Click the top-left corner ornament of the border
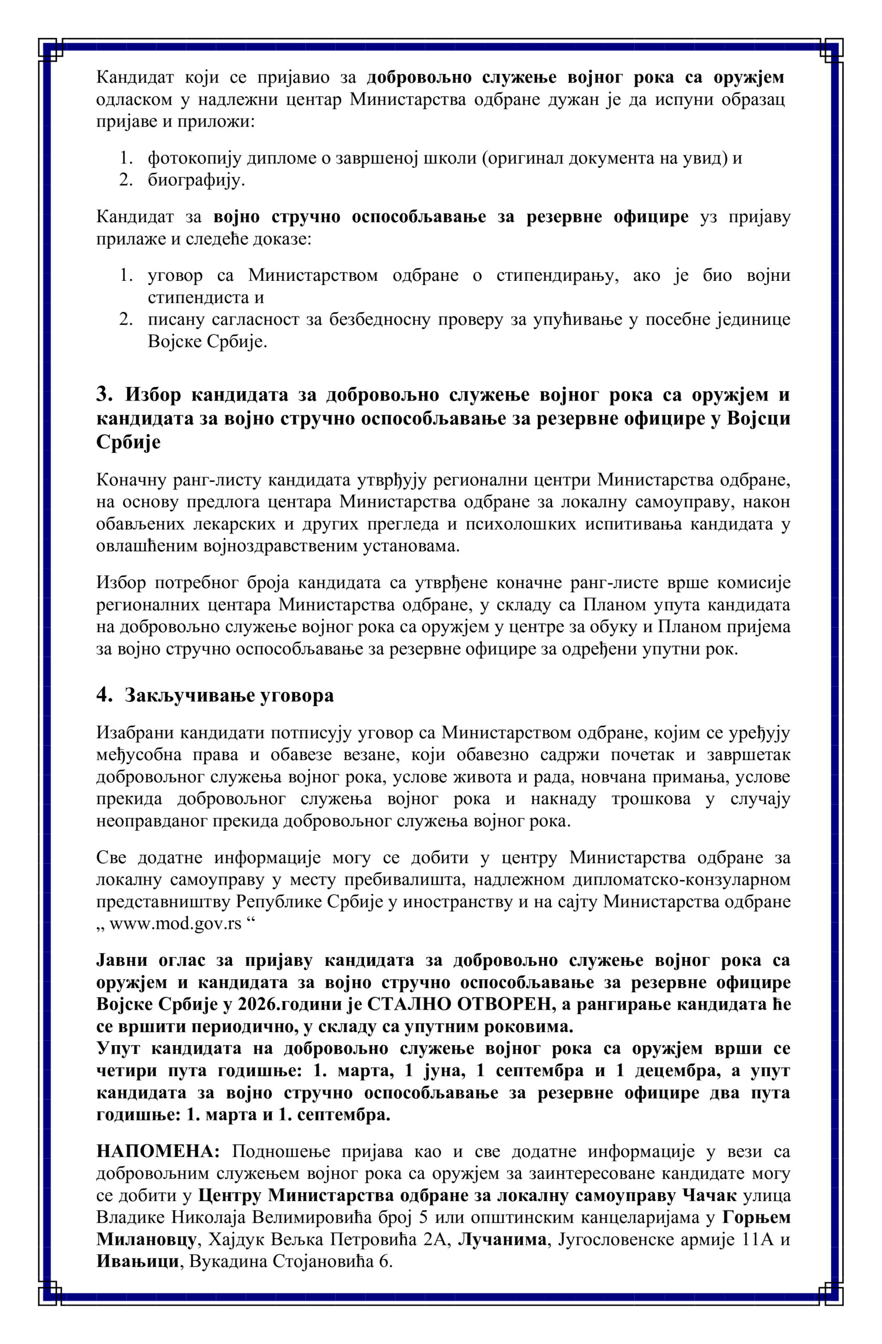[51, 51]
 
